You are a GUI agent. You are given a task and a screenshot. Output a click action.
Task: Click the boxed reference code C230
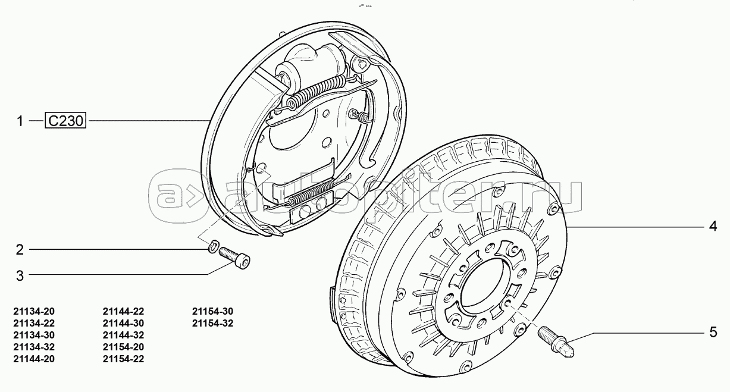[x=66, y=121]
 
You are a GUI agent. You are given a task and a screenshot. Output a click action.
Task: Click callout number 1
[x=20, y=121]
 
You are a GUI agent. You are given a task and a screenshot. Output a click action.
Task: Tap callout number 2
[x=20, y=250]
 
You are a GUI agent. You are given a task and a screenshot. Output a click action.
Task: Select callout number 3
[x=20, y=275]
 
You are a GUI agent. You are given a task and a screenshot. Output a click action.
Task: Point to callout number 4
[x=712, y=226]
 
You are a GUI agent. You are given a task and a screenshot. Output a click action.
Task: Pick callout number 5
[x=712, y=332]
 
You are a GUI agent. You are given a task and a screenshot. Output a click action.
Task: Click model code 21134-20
[x=33, y=311]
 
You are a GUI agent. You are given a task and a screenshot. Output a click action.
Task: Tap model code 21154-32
[x=213, y=323]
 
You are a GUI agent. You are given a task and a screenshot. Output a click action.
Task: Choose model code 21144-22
[x=123, y=311]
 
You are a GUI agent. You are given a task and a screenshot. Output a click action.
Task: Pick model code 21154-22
[x=123, y=359]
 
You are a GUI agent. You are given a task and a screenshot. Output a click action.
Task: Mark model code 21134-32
[x=33, y=347]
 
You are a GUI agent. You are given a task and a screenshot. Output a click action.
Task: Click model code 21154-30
[x=213, y=311]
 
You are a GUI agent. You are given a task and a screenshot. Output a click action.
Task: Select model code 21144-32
[x=123, y=335]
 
